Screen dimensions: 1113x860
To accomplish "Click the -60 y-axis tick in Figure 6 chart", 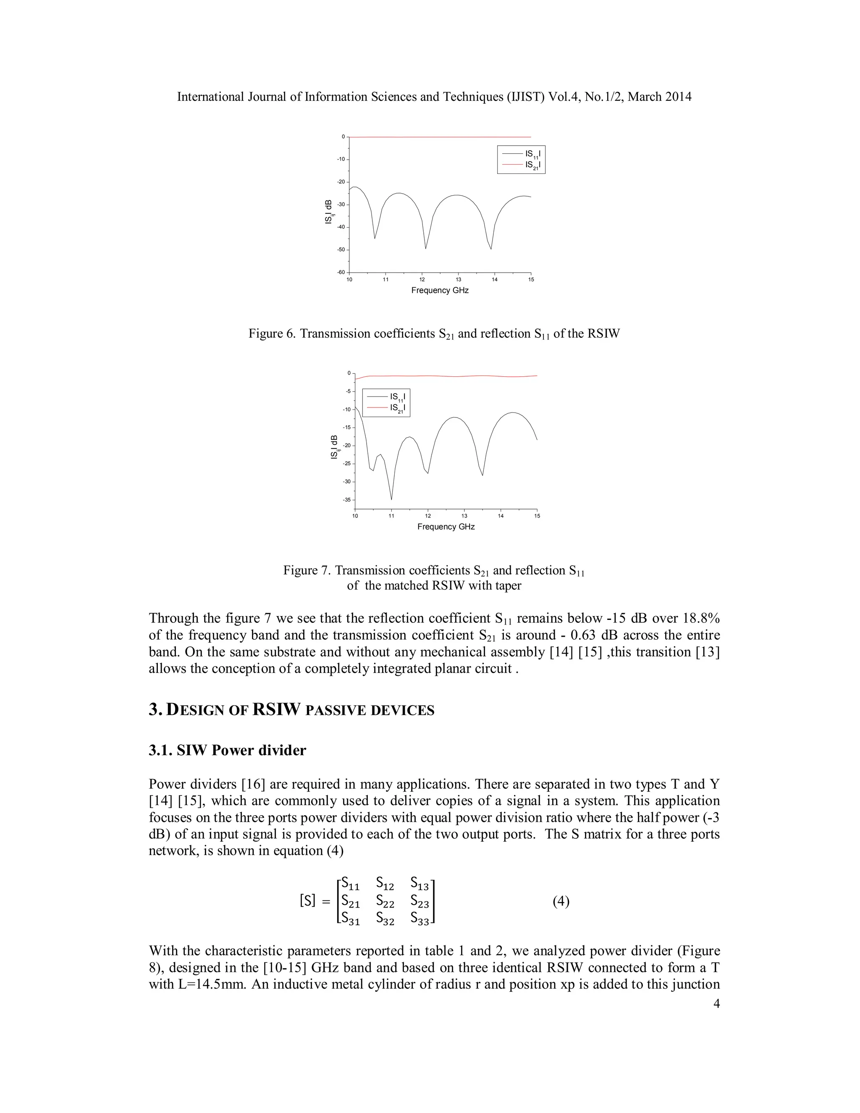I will coord(341,273).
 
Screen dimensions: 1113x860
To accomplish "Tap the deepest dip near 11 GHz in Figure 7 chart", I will coord(391,499).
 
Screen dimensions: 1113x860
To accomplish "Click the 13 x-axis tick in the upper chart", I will coord(459,280).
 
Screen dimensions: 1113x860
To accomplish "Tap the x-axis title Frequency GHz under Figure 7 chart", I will coord(446,526).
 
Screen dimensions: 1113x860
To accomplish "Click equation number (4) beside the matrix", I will coord(561,901).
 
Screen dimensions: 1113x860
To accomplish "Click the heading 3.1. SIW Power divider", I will coord(227,750).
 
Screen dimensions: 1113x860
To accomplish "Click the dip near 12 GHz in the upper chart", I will coord(426,248).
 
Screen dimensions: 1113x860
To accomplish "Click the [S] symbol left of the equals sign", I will coord(307,901).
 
